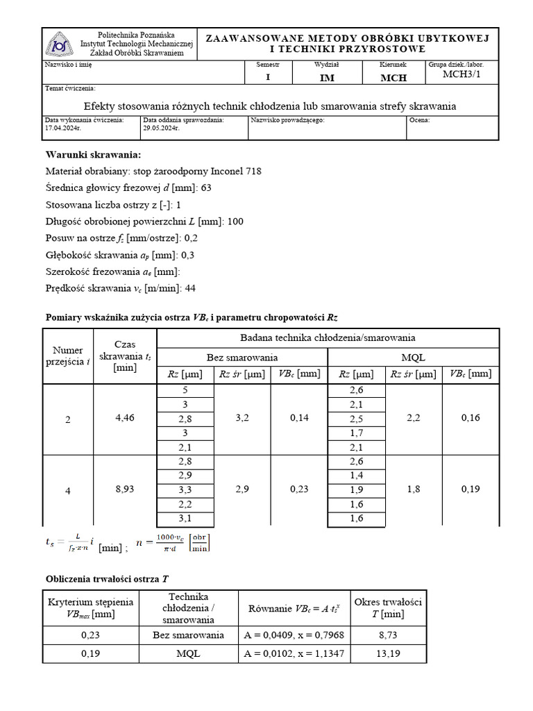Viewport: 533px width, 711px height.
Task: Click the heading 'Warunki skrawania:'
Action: coord(93,154)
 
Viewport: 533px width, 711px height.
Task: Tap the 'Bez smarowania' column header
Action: coord(242,357)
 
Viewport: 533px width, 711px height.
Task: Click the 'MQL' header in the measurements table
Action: coord(414,357)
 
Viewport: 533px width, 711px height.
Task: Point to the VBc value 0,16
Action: coord(470,418)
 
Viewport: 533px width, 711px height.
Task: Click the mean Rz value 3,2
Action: coord(242,418)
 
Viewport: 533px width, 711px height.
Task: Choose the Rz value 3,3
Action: coord(185,490)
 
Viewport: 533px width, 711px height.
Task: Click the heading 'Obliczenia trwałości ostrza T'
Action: coord(107,578)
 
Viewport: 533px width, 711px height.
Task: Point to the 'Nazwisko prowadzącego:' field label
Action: coord(287,120)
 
